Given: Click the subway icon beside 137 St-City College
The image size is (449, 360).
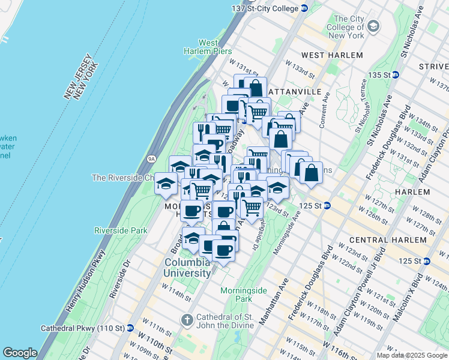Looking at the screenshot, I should click(304, 8).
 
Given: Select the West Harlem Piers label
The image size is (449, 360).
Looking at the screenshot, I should click(208, 47).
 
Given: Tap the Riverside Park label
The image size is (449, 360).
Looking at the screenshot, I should click(121, 230).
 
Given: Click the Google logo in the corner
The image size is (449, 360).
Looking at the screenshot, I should click(20, 353).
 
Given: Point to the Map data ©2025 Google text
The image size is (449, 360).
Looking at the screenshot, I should click(411, 355).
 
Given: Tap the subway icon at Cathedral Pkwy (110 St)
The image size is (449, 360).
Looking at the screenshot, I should click(130, 328).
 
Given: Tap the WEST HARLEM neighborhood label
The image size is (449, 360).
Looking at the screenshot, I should click(332, 55).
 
